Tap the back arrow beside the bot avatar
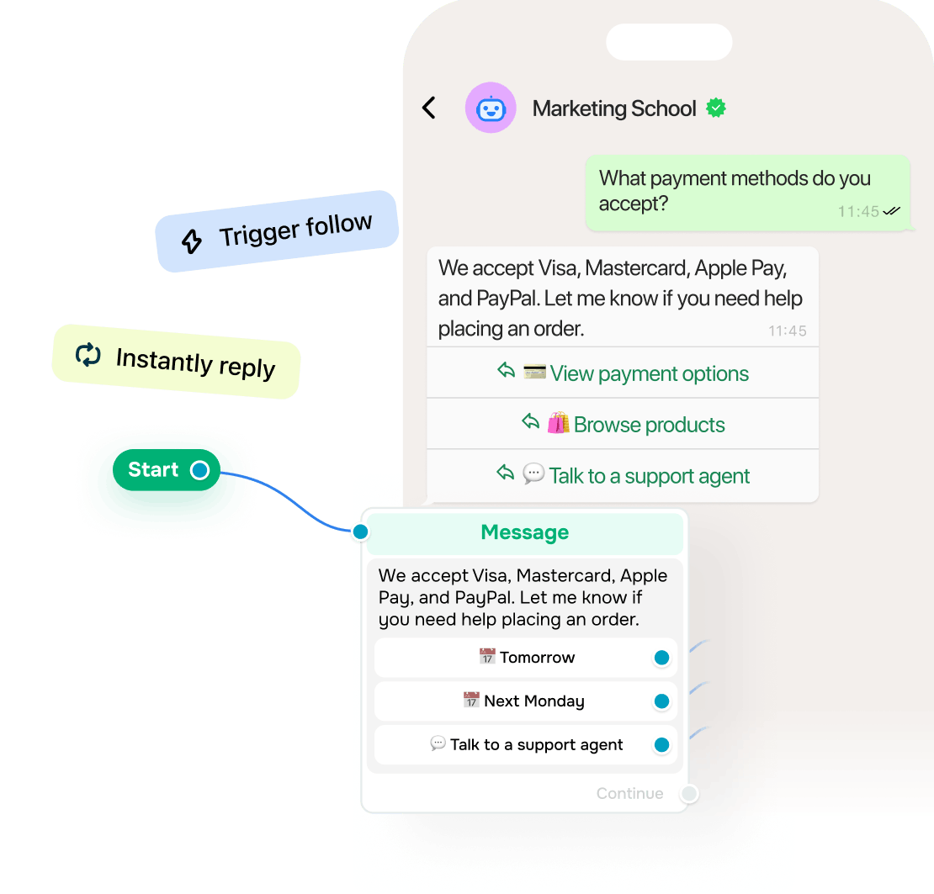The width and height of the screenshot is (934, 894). point(429,108)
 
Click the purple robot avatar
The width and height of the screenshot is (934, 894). point(491,108)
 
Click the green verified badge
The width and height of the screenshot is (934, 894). point(716,108)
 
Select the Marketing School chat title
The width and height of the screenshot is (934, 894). point(614,108)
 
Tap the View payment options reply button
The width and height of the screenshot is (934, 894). point(623,373)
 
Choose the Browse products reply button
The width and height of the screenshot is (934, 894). point(623,424)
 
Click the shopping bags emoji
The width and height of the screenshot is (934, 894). point(558,423)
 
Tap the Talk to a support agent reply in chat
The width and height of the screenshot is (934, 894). point(623,476)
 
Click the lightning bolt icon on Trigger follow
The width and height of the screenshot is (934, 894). point(192,241)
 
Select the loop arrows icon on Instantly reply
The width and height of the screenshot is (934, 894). point(88,355)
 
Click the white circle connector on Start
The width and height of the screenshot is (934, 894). point(199,470)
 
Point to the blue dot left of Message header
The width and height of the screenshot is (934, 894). point(360,532)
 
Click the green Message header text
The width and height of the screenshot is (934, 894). point(525,532)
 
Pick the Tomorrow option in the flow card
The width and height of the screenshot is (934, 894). point(526,658)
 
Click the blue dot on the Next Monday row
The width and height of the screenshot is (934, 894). point(661,701)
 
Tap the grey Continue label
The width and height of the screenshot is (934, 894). point(629,793)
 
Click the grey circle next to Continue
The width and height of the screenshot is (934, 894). point(689,793)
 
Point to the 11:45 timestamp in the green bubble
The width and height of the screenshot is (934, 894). point(858,212)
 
